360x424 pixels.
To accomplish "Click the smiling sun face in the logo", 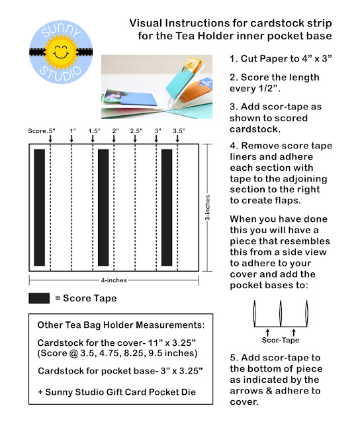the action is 61,52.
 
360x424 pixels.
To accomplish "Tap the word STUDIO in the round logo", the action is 60,74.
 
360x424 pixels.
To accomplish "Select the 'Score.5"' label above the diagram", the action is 42,131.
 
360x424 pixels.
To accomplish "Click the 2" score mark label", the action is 116,131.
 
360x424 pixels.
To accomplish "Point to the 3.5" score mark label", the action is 179,131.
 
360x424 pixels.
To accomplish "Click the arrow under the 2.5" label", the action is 135,138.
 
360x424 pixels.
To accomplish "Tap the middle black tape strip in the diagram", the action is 103,207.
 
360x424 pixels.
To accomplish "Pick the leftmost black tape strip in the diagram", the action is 40,207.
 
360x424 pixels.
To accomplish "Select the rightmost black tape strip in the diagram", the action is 167,207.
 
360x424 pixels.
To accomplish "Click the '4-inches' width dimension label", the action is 114,280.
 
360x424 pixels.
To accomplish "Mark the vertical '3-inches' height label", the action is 207,207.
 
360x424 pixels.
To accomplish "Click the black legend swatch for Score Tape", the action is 39,298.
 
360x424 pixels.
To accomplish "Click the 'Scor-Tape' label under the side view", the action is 281,340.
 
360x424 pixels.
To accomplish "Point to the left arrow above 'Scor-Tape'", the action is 267,333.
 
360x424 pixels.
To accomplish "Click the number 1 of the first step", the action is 232,59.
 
